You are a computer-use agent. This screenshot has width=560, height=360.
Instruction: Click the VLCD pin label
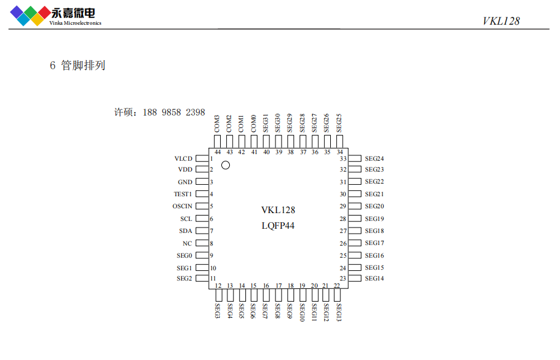[183, 159]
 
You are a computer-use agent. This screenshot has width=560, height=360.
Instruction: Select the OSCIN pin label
[182, 206]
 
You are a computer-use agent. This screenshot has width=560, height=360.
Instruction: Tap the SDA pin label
[185, 231]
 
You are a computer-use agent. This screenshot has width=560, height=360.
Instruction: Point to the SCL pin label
[186, 219]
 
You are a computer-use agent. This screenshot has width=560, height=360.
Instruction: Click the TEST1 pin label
[183, 194]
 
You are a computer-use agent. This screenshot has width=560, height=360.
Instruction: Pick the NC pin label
[187, 244]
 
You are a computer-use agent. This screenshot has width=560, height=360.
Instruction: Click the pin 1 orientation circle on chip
[226, 165]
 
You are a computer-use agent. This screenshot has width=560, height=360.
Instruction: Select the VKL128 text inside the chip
[278, 210]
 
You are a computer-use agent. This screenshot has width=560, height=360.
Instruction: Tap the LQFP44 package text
[278, 226]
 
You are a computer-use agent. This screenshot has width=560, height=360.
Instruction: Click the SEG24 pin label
[374, 159]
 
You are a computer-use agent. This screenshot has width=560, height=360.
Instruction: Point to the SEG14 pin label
[374, 279]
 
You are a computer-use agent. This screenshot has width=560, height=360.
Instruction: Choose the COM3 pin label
[217, 123]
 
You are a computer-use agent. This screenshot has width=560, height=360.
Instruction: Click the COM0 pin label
[254, 123]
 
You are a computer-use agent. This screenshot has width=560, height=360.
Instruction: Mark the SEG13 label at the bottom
[339, 312]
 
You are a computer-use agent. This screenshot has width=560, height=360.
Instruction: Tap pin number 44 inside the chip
[217, 152]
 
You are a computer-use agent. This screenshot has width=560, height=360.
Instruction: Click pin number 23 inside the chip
[343, 279]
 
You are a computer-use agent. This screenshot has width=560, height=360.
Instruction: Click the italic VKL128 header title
[500, 21]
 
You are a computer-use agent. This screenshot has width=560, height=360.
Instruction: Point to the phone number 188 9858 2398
[174, 113]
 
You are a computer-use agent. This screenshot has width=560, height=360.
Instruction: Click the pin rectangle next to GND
[202, 182]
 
